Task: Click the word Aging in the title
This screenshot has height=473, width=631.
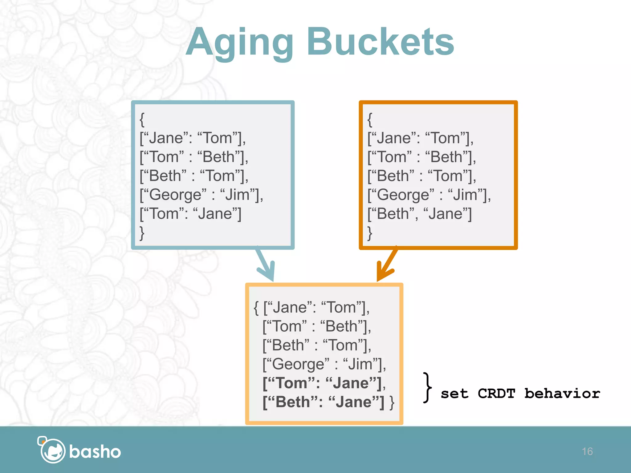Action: (240, 43)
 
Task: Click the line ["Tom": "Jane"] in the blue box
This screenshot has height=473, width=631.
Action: (190, 214)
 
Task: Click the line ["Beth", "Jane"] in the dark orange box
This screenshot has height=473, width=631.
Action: (419, 214)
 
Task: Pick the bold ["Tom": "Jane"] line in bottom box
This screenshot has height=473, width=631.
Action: (324, 383)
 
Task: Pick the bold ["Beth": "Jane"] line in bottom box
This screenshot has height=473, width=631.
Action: (324, 402)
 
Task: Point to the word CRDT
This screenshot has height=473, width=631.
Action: (496, 394)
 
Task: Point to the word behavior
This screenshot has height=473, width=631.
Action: (562, 394)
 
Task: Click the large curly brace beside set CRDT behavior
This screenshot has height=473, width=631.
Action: (427, 387)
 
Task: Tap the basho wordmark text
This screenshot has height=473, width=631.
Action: (95, 452)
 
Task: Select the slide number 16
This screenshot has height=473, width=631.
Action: (587, 451)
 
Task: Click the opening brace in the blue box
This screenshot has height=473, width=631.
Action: (142, 119)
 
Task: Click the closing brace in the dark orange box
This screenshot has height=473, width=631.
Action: (370, 233)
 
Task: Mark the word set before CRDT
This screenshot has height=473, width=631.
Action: (454, 394)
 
